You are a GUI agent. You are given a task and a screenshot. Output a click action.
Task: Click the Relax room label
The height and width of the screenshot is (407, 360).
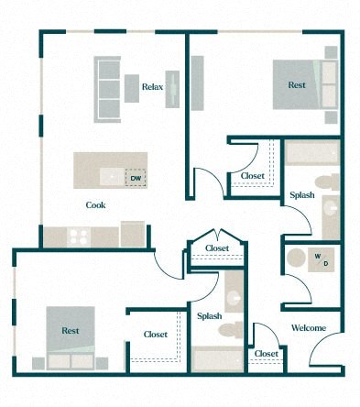point(152,88)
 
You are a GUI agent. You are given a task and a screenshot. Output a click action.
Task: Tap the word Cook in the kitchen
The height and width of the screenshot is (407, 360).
point(95,205)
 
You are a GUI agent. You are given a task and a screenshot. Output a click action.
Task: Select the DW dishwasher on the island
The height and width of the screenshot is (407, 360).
point(136,178)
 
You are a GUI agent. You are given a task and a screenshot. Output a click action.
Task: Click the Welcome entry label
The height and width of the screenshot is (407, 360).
point(309,327)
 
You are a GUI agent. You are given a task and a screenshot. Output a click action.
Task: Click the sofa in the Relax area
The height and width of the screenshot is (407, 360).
point(106,89)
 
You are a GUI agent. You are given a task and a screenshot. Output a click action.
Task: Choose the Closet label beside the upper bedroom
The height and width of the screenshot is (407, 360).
point(254,176)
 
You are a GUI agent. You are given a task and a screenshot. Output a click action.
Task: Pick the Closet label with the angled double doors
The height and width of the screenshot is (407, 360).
point(217,248)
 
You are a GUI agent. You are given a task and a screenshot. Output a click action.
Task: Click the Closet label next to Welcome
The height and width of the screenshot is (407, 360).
point(267,354)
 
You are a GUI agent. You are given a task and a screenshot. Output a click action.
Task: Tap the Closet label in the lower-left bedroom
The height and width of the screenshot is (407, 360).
point(155,335)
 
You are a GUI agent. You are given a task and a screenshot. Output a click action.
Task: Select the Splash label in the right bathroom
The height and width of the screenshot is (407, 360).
point(303,196)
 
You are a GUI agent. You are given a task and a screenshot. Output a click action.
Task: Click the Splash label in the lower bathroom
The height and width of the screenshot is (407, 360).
point(210,316)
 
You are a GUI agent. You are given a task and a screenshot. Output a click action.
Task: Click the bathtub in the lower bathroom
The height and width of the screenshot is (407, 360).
point(217,359)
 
